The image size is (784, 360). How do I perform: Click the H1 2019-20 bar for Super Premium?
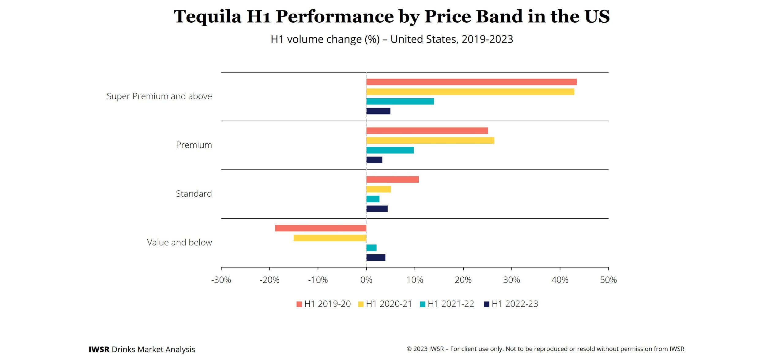tap(471, 82)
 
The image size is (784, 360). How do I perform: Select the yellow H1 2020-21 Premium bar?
tap(430, 140)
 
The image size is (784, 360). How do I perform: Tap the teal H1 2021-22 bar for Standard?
tap(373, 199)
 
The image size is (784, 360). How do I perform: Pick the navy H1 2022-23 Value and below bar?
tap(376, 257)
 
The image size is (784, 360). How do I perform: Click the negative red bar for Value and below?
tap(320, 228)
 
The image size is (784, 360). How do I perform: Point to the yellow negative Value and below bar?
tap(330, 238)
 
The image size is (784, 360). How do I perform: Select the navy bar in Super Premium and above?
tap(378, 111)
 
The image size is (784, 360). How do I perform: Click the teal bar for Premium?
tap(390, 150)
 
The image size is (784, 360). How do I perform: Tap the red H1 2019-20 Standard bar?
tap(392, 179)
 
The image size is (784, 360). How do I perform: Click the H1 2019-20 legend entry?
tap(324, 304)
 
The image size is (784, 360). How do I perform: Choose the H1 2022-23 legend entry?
tap(511, 304)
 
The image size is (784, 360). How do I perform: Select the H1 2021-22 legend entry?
tap(447, 304)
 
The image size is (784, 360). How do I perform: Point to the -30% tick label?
tap(221, 280)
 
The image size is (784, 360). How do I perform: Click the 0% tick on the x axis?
tap(366, 280)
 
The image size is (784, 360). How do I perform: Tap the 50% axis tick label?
tap(608, 280)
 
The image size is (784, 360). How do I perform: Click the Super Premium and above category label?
tap(159, 96)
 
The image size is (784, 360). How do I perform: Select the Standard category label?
tap(194, 194)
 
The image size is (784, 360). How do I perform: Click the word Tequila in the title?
tap(207, 17)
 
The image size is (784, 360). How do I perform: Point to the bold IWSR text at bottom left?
tap(99, 349)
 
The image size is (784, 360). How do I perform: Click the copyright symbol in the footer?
tap(409, 349)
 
